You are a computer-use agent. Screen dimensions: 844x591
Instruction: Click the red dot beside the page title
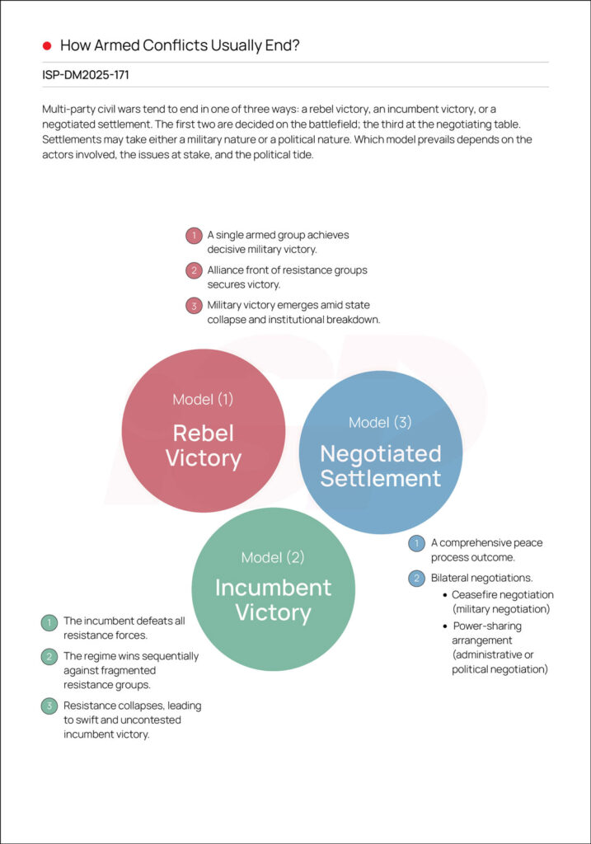pos(47,45)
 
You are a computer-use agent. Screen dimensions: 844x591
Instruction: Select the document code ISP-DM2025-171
pos(86,75)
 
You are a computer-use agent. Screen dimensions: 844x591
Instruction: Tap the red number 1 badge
pos(194,236)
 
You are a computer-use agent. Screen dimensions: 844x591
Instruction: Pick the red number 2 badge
pos(194,270)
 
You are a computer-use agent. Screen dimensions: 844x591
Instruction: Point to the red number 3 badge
pos(194,306)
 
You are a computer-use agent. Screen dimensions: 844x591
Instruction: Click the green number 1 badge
pos(49,621)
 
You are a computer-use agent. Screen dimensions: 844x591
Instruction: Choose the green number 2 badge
pos(49,657)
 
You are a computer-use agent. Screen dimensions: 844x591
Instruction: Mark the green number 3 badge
pos(49,706)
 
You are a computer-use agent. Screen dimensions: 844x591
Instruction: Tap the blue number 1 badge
pos(417,543)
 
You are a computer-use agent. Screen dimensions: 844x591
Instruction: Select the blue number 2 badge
pos(417,579)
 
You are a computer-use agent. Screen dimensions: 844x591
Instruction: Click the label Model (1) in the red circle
pos(203,400)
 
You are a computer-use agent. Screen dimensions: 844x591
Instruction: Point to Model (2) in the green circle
pos(273,558)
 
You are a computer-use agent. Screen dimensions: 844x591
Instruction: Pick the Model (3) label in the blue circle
pos(380,423)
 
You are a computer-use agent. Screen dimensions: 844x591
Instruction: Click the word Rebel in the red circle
pos(203,434)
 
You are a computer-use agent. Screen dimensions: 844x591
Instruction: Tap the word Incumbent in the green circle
pos(273,588)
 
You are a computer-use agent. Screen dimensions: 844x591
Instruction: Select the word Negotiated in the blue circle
pos(380,453)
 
